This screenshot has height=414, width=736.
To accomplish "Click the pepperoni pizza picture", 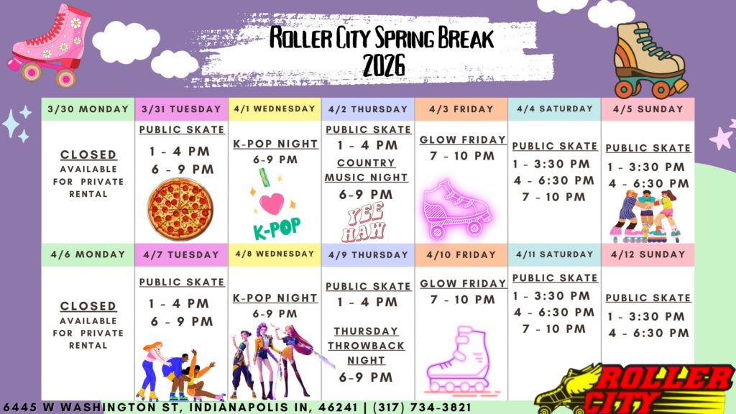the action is (180, 209).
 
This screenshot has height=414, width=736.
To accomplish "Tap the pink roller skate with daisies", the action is (50, 45).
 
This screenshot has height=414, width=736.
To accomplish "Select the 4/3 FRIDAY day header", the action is (461, 109).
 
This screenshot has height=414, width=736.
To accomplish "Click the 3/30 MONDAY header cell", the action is (88, 109).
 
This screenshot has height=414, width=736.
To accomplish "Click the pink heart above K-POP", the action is (272, 203).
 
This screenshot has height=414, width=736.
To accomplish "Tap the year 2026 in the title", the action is (384, 65).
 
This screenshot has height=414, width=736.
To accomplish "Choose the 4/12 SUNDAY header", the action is (648, 254).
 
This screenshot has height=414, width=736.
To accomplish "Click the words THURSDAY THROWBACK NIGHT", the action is (366, 346).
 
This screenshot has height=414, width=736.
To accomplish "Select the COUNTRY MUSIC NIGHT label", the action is (366, 170).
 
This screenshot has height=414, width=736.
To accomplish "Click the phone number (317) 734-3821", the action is (422, 407).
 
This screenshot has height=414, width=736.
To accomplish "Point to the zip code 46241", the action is (338, 407).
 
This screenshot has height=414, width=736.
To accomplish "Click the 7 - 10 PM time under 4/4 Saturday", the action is (554, 197).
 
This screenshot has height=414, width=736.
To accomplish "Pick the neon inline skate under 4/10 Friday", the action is (458, 359).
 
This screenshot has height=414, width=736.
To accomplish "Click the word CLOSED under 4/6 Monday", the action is (88, 305).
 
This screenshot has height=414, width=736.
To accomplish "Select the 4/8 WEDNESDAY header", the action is (275, 254).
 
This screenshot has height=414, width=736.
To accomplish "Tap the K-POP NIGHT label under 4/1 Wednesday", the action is (275, 144).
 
